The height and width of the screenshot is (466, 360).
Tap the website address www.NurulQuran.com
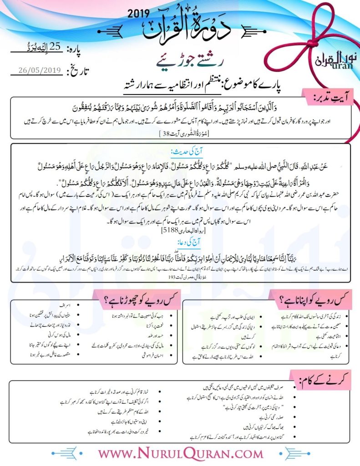coord(181,453)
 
